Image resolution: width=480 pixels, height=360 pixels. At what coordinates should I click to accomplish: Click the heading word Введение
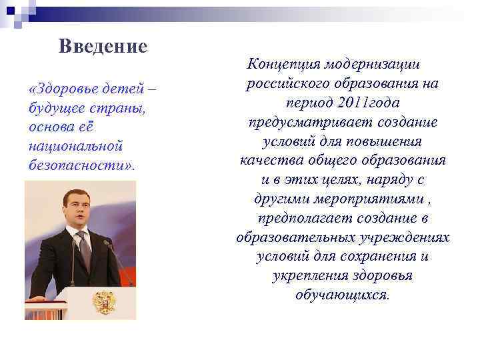tap(102, 47)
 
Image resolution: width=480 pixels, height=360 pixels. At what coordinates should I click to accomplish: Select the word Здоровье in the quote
tap(62, 89)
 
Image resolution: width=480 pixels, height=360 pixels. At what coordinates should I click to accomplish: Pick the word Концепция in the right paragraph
tap(283, 65)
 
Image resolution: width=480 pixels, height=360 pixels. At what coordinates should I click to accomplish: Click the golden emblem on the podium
tap(103, 301)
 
